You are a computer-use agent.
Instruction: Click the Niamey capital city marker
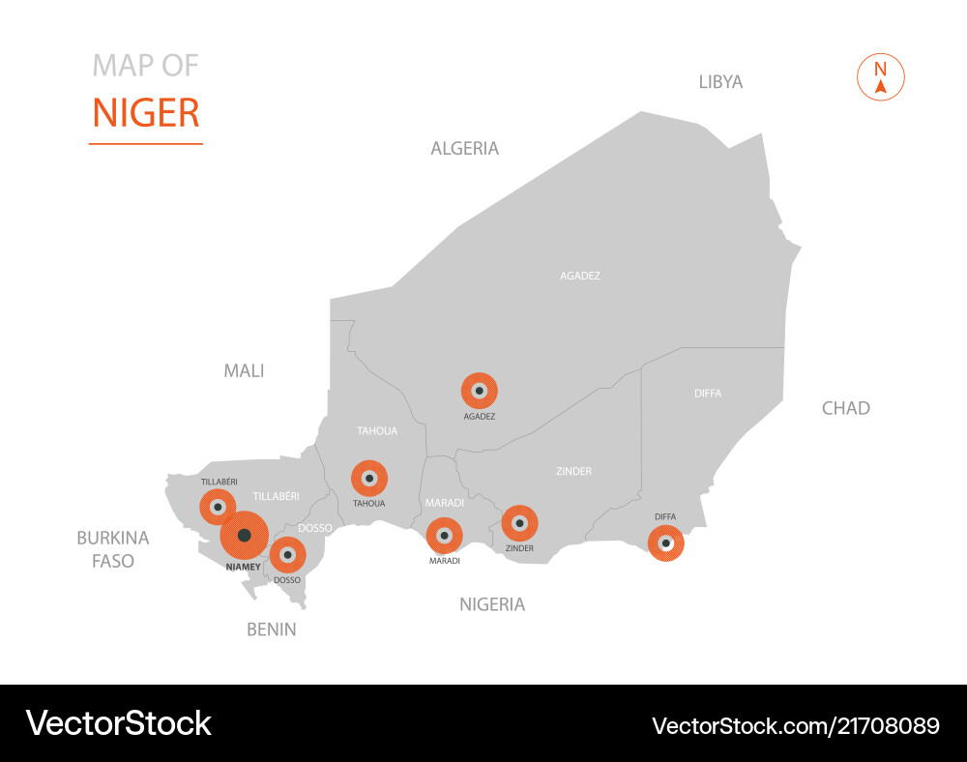[x=244, y=535]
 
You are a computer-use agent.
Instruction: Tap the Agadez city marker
[x=479, y=391]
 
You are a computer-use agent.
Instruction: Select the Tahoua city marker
[x=368, y=478]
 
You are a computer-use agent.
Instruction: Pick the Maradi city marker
[x=444, y=535]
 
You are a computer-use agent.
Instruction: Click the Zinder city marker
[x=519, y=523]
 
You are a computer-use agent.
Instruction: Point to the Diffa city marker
[x=665, y=542]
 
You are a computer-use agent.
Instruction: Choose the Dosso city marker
[x=287, y=555]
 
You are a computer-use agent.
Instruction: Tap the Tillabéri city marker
[x=218, y=507]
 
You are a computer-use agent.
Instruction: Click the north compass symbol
[x=880, y=77]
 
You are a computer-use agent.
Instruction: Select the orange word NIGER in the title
[x=146, y=113]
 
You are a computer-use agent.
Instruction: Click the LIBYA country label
[x=720, y=82]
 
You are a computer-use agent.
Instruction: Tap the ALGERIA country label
[x=464, y=149]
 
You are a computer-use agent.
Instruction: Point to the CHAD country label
[x=845, y=408]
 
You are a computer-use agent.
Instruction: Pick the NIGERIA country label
[x=492, y=605]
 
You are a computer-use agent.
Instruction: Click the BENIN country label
[x=271, y=630]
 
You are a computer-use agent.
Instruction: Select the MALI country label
[x=244, y=370]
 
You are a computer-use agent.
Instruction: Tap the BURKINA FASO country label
[x=113, y=549]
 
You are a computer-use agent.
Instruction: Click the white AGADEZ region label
[x=580, y=276]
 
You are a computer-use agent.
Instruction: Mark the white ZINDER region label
[x=573, y=472]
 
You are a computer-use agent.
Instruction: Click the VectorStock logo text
[x=118, y=723]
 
